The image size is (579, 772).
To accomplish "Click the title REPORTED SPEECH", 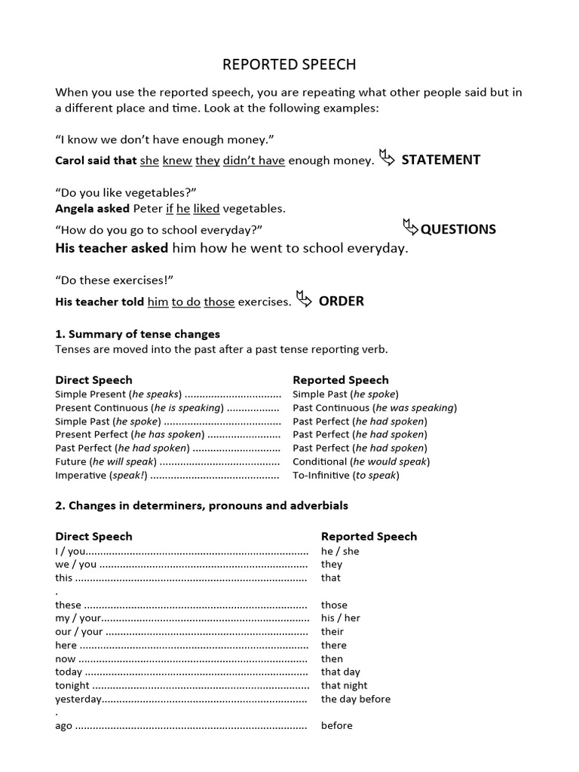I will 289,65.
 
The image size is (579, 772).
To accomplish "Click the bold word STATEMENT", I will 440,160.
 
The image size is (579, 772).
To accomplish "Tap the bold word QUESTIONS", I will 458,229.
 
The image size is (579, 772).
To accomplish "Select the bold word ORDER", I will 341,302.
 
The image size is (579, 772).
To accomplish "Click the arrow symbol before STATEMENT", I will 387,158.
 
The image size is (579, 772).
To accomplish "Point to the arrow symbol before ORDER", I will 304,300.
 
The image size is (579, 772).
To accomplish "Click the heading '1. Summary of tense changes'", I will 137,334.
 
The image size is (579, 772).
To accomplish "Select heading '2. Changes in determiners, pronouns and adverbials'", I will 201,505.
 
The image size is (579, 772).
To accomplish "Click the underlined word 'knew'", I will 177,161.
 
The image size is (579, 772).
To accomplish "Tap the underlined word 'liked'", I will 207,209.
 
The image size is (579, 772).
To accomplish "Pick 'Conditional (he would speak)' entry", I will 361,461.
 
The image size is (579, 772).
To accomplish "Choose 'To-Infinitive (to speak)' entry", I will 345,475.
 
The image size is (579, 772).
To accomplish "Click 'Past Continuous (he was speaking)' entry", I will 375,408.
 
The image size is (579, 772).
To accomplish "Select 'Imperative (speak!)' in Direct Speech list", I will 101,476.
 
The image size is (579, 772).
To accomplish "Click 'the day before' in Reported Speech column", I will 355,699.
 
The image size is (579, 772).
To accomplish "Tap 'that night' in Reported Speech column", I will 344,685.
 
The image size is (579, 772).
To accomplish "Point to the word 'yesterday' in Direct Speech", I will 78,700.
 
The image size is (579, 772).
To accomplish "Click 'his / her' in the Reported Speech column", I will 340,618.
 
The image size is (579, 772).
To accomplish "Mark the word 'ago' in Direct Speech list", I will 64,726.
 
